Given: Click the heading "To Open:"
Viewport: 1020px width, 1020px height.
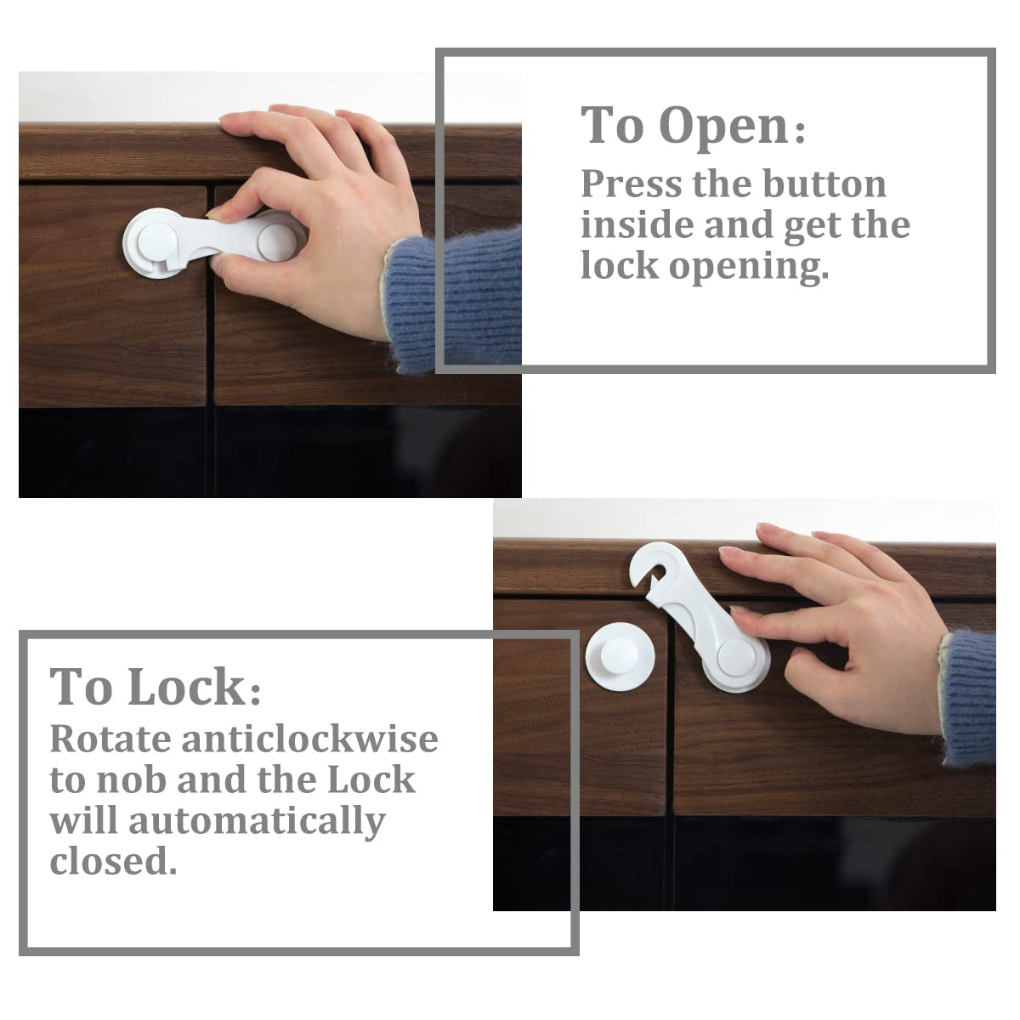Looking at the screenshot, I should coord(693,126).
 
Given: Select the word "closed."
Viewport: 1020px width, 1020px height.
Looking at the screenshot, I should coord(113,862).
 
